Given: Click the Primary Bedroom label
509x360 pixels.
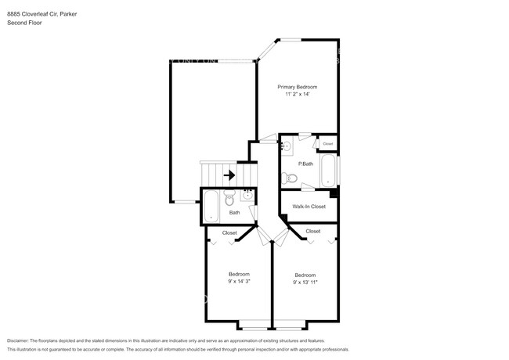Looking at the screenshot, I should (x=298, y=86).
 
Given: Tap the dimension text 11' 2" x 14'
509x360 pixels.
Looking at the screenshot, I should (x=298, y=94).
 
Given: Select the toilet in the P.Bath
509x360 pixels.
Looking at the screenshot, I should (x=291, y=177).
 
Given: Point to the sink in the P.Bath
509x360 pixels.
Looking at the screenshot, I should (x=287, y=146).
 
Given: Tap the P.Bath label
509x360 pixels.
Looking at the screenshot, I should (x=305, y=163).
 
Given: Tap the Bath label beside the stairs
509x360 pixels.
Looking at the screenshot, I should (x=234, y=213).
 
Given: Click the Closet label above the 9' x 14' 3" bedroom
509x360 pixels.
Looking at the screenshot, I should (x=229, y=232).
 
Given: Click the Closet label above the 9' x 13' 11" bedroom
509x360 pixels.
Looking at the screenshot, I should (x=312, y=231).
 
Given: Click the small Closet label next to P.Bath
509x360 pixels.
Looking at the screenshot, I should (x=327, y=144).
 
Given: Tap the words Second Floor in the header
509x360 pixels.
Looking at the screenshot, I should (x=25, y=23).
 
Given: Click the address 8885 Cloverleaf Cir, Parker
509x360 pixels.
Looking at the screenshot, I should (x=44, y=14).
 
